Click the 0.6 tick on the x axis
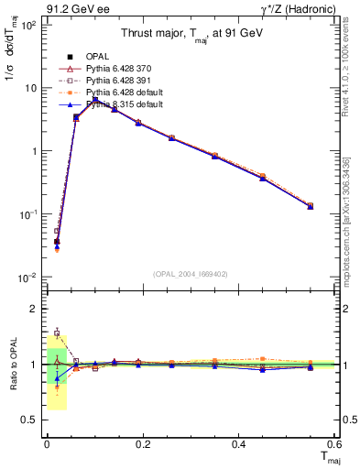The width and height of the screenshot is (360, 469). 334,443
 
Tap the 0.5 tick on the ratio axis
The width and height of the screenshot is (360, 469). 30,420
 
